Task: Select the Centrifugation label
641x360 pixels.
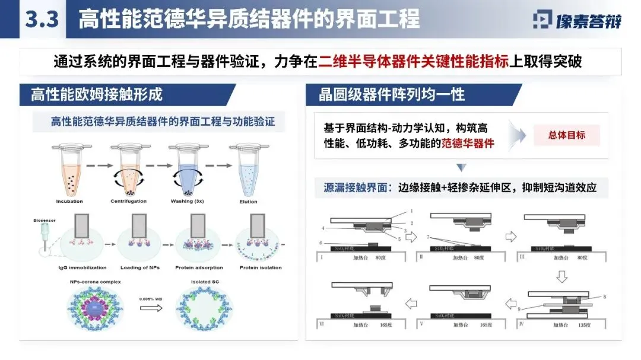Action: coord(128,202)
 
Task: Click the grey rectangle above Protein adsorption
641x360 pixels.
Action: coord(198,228)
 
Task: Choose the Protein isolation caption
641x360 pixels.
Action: coord(261,267)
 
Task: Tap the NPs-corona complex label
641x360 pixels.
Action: coord(96,282)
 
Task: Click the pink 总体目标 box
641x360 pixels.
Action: coord(566,135)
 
